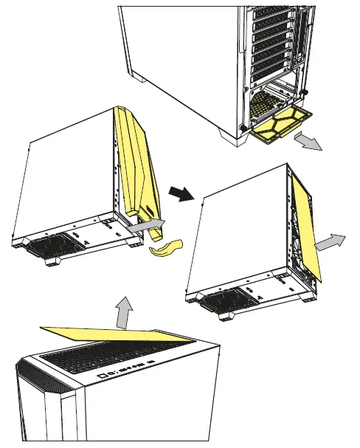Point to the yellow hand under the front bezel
pos(167,250)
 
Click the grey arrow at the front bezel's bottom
pos(147,225)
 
